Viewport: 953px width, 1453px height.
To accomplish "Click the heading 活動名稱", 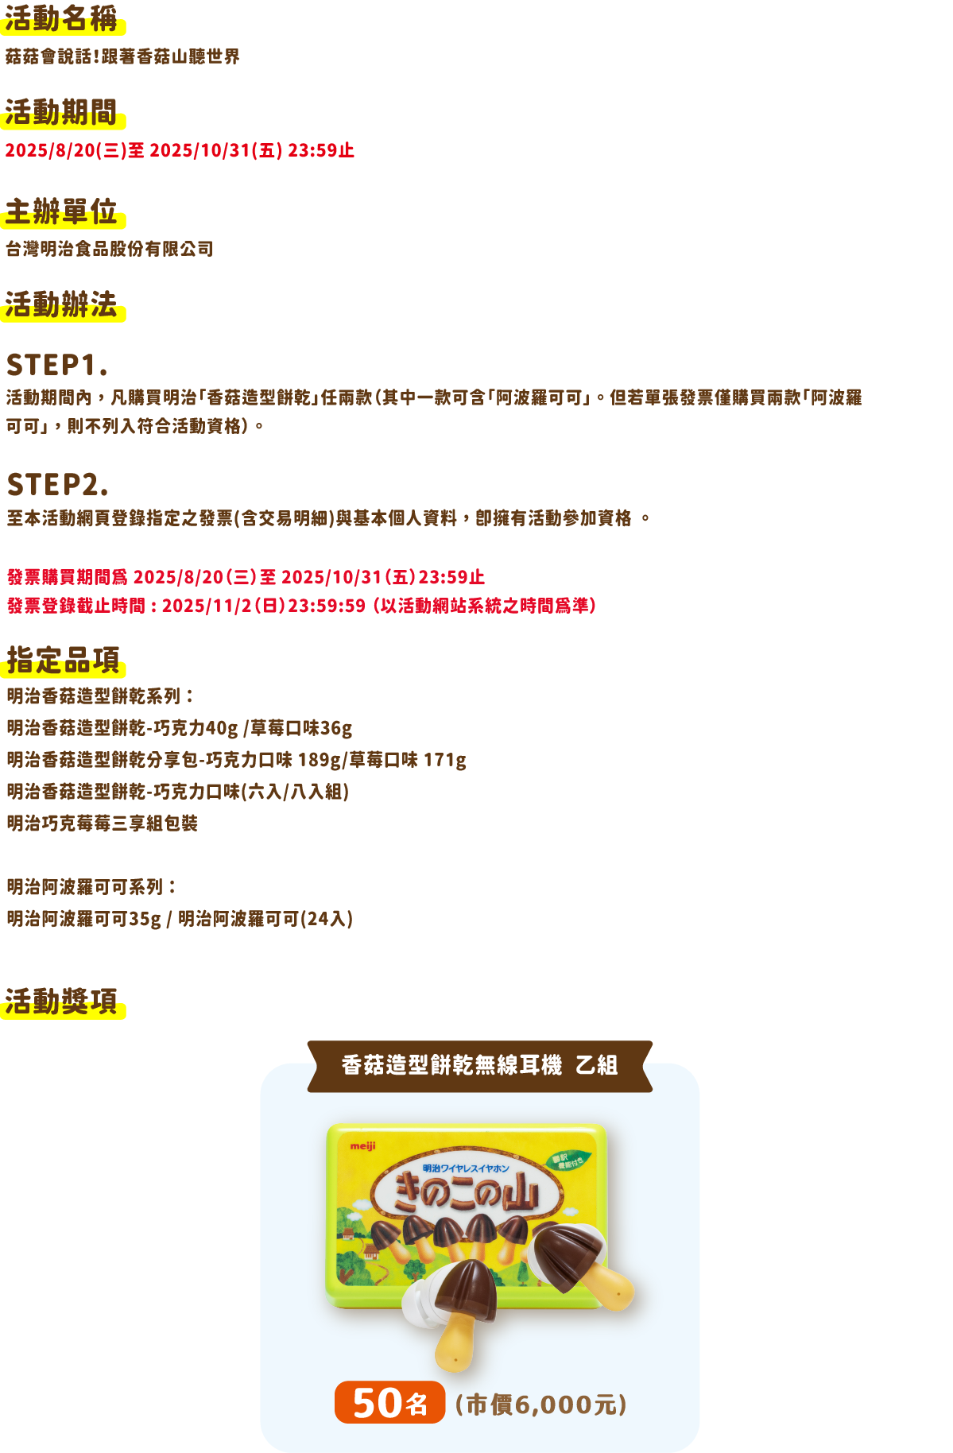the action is click(x=61, y=19).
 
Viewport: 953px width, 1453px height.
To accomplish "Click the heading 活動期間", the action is click(x=61, y=113).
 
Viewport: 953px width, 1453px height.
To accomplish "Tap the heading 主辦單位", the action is click(x=61, y=212).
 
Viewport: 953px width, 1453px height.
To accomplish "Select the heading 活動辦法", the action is click(x=61, y=304).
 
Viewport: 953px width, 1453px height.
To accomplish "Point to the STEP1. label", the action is click(x=56, y=366).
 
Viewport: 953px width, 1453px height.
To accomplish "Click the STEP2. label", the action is click(x=57, y=484).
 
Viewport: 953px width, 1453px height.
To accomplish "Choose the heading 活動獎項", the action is click(x=61, y=1002).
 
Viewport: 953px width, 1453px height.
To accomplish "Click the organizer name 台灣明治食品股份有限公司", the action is click(x=110, y=249).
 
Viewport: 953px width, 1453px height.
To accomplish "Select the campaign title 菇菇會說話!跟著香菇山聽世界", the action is click(x=122, y=56).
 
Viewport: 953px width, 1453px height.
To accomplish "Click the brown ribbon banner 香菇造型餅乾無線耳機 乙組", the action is click(x=480, y=1066).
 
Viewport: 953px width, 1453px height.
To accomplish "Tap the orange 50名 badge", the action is click(x=389, y=1403).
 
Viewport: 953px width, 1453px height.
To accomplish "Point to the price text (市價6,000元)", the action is click(x=541, y=1405).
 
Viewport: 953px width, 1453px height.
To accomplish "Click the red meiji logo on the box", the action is click(x=362, y=1146).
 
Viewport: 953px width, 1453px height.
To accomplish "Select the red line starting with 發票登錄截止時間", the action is click(x=301, y=606).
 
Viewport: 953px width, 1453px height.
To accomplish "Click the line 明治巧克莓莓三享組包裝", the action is click(x=103, y=823).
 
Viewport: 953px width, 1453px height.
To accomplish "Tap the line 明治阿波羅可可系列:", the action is click(x=92, y=887).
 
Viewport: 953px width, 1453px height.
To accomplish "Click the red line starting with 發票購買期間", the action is click(x=246, y=577).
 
